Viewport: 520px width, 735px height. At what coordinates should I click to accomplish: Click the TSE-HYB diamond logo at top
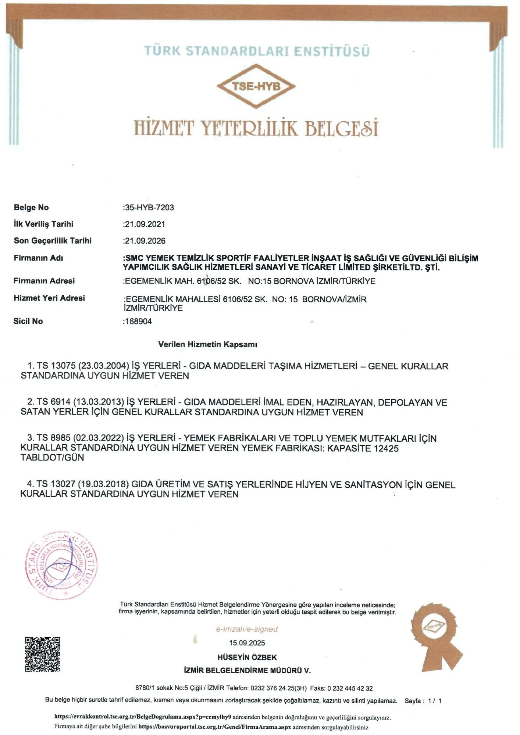pos(256,86)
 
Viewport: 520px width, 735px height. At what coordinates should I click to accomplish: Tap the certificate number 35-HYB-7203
pos(149,208)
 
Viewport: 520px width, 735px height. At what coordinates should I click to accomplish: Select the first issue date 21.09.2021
pos(145,224)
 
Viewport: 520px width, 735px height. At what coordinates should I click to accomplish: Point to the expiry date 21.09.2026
pos(145,241)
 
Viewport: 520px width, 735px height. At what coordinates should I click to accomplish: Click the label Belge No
pos(31,208)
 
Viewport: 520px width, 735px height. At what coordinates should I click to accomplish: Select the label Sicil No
pos(28,321)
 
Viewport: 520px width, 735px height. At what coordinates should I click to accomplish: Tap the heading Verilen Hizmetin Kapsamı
pos(207,345)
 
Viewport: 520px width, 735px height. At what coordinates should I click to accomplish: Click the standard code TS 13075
pos(56,366)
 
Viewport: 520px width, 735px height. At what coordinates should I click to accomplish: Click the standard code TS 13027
pos(56,485)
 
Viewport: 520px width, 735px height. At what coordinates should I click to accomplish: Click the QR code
pos(42,655)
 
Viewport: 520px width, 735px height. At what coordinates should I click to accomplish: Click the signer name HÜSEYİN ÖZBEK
pos(247,657)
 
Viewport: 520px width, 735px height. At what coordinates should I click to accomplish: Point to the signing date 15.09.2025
pos(247,643)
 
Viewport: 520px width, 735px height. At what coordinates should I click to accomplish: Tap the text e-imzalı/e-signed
pos(247,629)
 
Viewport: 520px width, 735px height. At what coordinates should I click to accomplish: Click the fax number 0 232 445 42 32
pos(350,688)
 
